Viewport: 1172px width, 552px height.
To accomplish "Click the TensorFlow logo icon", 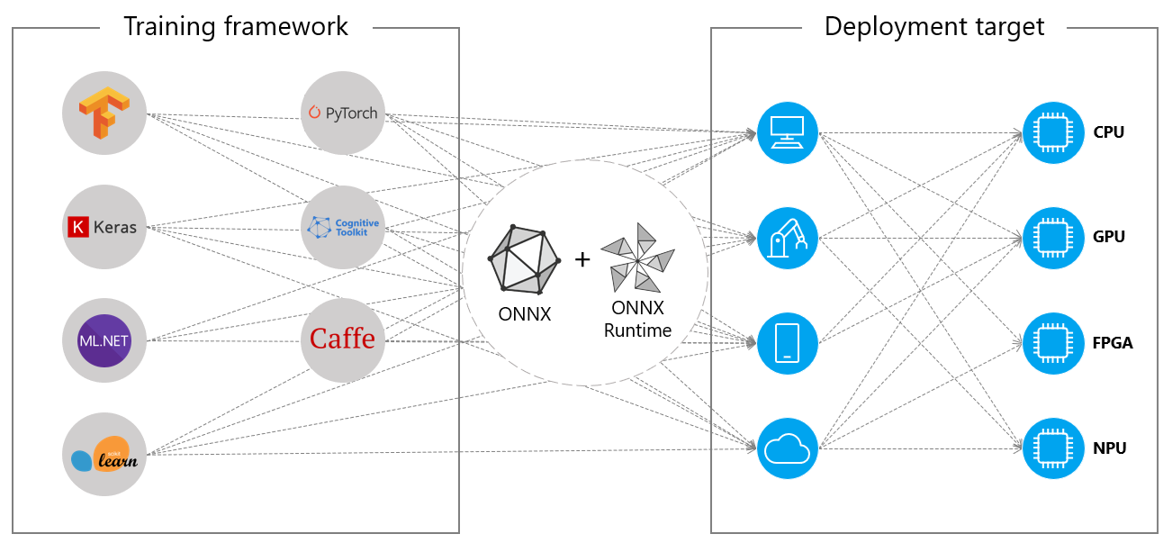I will (104, 114).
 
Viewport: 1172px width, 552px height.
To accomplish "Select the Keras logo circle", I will (104, 227).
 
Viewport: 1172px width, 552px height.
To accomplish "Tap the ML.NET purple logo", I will (104, 341).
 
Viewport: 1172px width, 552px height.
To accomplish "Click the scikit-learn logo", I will (104, 455).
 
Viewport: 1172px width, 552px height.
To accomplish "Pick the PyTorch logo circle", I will (342, 113).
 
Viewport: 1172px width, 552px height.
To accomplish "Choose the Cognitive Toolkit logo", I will (342, 227).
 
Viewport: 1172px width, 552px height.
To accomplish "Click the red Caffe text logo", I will (342, 339).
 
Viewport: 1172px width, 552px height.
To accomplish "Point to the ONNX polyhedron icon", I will (523, 259).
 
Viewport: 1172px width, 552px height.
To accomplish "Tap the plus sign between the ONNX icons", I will (582, 259).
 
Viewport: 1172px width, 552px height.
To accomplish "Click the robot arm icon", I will (787, 238).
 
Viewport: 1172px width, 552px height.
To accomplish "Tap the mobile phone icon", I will (787, 343).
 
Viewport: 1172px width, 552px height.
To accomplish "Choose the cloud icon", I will (787, 448).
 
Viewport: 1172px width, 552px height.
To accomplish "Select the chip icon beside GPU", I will (1051, 238).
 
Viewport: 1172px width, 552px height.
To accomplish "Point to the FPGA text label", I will (1113, 343).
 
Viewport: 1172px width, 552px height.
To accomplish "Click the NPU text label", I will (1110, 448).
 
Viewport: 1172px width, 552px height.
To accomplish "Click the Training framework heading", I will (235, 27).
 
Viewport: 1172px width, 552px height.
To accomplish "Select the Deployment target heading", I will (934, 27).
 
